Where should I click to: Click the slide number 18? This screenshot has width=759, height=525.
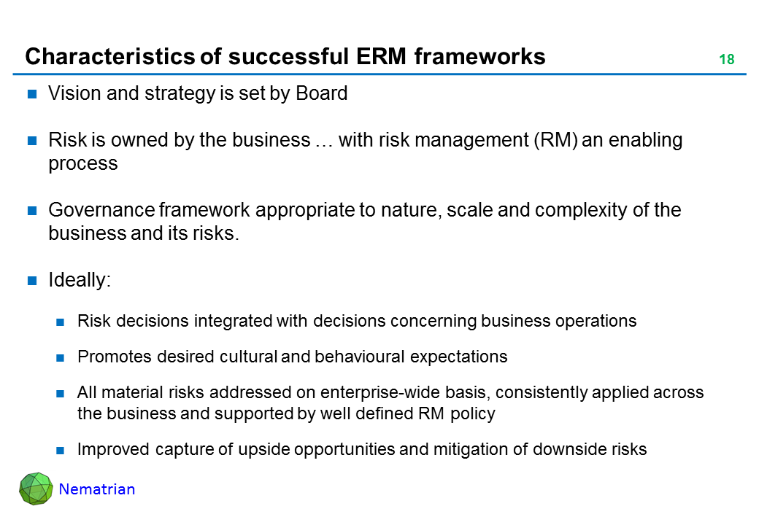pyautogui.click(x=727, y=60)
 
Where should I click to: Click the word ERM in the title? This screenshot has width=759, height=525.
pyautogui.click(x=382, y=57)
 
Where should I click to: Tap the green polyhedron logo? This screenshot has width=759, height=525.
pyautogui.click(x=36, y=489)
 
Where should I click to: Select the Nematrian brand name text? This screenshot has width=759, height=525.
pyautogui.click(x=97, y=489)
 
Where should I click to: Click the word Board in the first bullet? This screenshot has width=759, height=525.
pyautogui.click(x=321, y=93)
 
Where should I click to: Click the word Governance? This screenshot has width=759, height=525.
pyautogui.click(x=101, y=210)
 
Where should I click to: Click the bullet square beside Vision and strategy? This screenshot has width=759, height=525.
pyautogui.click(x=32, y=94)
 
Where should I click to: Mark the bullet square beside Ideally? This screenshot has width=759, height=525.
pyautogui.click(x=32, y=281)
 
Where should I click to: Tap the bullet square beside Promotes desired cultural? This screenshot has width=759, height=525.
pyautogui.click(x=61, y=358)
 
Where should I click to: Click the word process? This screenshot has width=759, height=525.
pyautogui.click(x=83, y=164)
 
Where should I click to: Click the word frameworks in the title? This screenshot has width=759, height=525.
pyautogui.click(x=479, y=57)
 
